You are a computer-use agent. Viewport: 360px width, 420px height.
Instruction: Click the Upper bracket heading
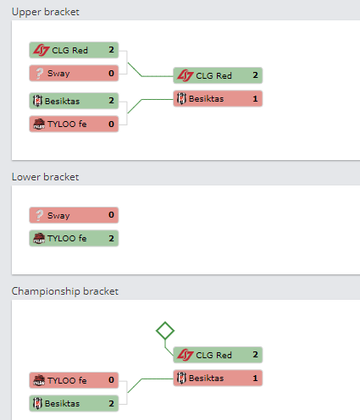[46, 12]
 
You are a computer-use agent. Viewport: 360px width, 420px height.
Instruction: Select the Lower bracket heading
[45, 177]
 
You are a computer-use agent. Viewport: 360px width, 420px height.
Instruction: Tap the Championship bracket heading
[65, 291]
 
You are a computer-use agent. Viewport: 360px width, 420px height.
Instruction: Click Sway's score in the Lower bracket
[111, 215]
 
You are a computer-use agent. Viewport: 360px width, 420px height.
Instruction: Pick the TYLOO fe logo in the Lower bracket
[39, 238]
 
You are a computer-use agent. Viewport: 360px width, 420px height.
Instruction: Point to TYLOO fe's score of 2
[111, 238]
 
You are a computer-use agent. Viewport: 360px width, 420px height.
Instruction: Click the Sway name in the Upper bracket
[58, 74]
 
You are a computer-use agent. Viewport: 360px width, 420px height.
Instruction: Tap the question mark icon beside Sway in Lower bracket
[39, 215]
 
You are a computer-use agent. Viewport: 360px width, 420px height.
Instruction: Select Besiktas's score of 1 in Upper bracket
[255, 98]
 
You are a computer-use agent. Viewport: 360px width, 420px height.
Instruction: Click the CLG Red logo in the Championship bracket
[186, 355]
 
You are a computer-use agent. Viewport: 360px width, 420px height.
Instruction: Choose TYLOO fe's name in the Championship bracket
[67, 380]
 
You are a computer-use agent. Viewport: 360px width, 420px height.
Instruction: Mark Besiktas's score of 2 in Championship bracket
[111, 403]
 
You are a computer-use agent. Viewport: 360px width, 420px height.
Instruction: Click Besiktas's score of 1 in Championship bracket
[255, 378]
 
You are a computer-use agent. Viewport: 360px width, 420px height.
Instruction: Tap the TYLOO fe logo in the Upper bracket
[39, 124]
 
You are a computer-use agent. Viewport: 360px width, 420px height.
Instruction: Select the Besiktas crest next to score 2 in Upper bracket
[37, 101]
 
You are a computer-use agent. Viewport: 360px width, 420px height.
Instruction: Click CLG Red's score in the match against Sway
[111, 50]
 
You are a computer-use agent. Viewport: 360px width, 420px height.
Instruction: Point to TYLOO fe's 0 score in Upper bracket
[111, 124]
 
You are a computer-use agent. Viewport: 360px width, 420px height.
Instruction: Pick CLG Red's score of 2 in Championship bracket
[255, 355]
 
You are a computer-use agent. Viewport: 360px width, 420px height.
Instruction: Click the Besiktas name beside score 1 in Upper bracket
[206, 99]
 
